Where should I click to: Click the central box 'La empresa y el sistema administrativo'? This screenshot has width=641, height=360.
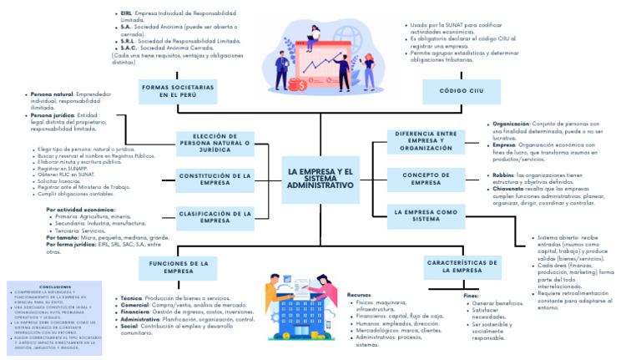[x=320, y=178]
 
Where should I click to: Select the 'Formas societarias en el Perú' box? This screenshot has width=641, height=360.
[x=176, y=90]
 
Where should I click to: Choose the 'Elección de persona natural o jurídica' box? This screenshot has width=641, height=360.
[x=215, y=143]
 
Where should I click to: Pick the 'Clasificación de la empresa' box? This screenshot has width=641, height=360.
[x=215, y=216]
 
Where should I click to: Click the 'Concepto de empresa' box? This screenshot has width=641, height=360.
[x=426, y=179]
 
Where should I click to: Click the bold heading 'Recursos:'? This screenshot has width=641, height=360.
[x=360, y=295]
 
